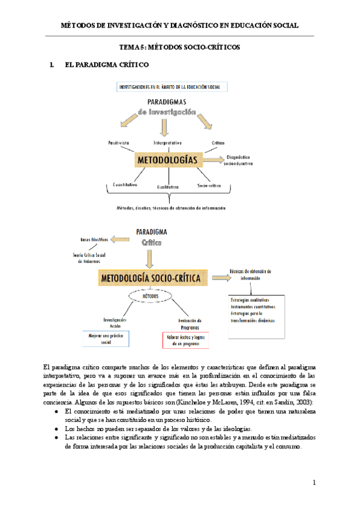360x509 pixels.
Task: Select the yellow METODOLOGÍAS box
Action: tap(167, 161)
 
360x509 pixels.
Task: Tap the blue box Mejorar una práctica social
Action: tap(106, 339)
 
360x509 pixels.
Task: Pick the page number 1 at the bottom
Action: tap(313, 483)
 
